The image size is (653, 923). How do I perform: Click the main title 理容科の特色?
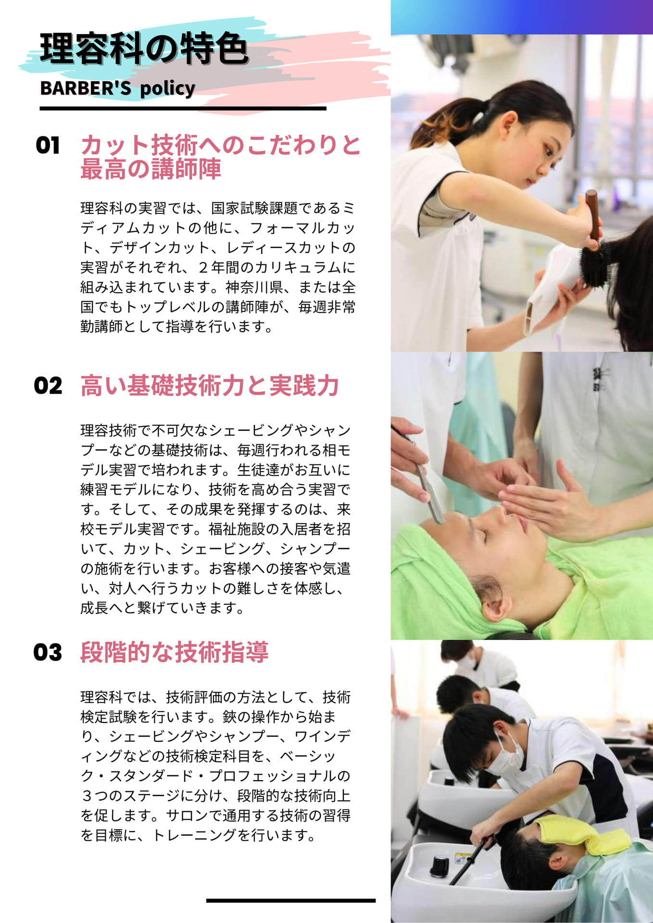click(x=144, y=49)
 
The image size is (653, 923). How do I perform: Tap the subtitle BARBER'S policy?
click(x=118, y=88)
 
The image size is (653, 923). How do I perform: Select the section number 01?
click(x=48, y=145)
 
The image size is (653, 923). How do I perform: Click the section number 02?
click(x=48, y=386)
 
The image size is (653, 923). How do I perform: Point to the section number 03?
click(x=48, y=652)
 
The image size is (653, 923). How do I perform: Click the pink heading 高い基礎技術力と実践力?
click(x=210, y=386)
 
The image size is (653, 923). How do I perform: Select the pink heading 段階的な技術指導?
click(x=174, y=652)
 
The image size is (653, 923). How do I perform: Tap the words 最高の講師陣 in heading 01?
click(x=151, y=169)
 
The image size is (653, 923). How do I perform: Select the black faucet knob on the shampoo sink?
click(x=439, y=866)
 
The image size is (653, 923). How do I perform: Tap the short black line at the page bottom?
click(x=291, y=900)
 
